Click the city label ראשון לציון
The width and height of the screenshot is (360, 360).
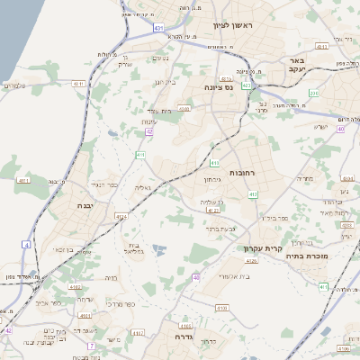click(232, 25)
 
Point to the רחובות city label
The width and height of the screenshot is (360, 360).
click(244, 171)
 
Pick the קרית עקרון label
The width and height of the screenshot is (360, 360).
click(262, 248)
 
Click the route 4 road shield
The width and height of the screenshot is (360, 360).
click(27, 244)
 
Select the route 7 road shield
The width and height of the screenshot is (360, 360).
click(91, 345)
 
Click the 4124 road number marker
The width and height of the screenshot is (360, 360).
click(121, 216)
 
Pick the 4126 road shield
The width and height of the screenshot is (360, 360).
click(251, 261)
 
